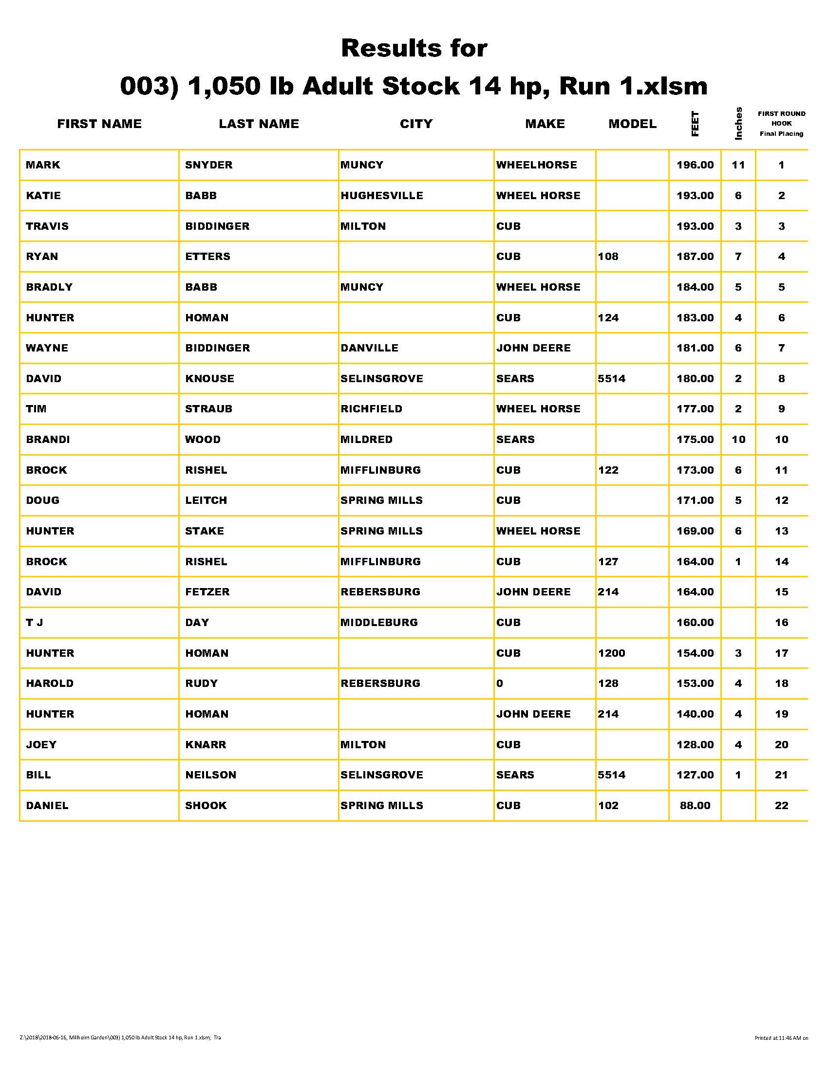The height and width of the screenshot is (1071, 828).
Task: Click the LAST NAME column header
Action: coord(259,124)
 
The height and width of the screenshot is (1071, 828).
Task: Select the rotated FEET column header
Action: coord(695,124)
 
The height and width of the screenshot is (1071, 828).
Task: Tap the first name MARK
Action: coord(43,165)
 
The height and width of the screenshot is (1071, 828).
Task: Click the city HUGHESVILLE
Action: coord(382,195)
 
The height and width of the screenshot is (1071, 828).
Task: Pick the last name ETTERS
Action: coord(207,257)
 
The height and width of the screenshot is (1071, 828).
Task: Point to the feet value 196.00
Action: coord(695,165)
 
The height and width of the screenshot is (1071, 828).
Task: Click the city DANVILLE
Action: coord(369,348)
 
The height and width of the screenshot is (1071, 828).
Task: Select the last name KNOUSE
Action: coord(209,379)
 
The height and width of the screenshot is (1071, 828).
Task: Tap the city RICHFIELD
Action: coord(371,409)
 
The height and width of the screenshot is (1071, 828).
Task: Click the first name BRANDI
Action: coord(48,440)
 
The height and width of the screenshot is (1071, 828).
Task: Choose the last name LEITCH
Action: coord(206,500)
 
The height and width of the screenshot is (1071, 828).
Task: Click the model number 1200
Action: coord(612,653)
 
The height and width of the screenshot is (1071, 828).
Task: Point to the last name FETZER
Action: coord(207,592)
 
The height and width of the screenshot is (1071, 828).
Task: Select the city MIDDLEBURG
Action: coord(379,622)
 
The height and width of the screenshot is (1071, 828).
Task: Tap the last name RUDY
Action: coord(201,683)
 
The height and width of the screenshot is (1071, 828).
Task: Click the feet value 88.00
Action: coord(695,805)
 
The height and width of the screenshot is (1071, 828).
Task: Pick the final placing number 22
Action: coord(781,805)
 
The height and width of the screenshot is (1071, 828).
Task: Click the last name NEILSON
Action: coord(210,775)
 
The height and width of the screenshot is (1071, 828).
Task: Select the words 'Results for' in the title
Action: coord(414,48)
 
